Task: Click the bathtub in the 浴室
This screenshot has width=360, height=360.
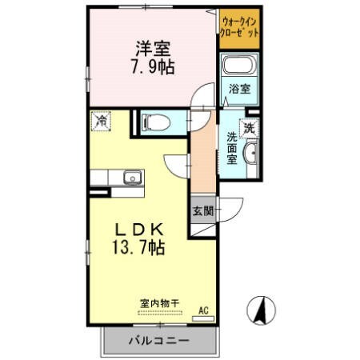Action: pos(238,68)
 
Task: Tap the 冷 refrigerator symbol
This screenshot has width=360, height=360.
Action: pos(102,121)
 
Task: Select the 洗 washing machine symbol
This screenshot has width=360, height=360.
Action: pos(249,128)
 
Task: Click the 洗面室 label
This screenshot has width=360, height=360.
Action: pos(231,147)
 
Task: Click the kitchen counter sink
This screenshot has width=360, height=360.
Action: pos(130,178)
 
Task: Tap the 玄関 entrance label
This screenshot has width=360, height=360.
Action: pos(203,211)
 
